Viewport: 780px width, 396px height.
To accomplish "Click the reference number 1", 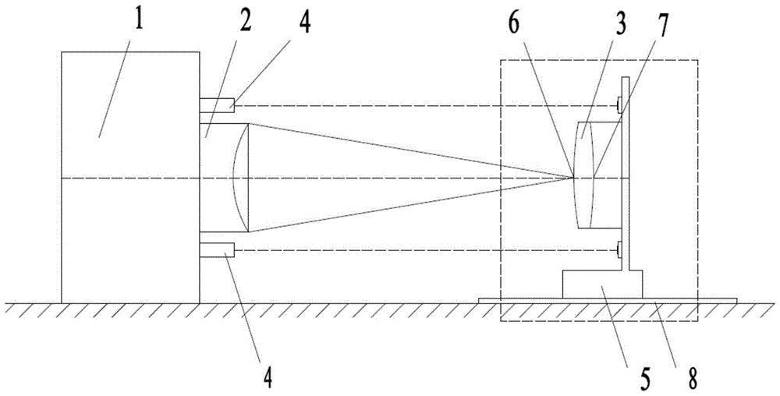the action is (139, 21).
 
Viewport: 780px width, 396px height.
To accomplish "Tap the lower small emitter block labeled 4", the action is (216, 250).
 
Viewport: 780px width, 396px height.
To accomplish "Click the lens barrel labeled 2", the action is (222, 178).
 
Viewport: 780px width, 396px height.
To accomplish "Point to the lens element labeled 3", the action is (586, 175).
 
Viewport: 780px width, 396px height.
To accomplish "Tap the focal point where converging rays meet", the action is (573, 178).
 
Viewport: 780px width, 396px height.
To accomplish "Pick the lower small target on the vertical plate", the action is (618, 250).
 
